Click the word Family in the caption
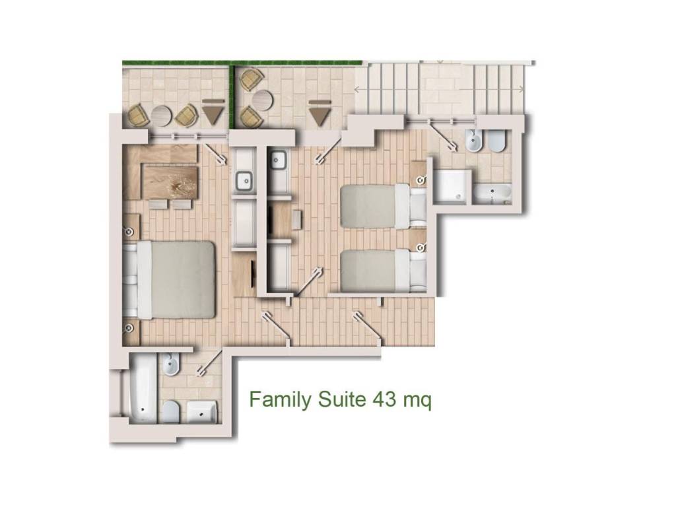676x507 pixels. click(x=280, y=401)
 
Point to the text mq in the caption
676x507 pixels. click(x=417, y=402)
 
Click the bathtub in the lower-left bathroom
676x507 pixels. click(x=143, y=388)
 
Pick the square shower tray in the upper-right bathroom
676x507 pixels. click(x=451, y=186)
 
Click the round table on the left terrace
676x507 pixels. click(x=161, y=116)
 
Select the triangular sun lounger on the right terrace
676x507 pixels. click(x=320, y=113)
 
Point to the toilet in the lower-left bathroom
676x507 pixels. click(x=171, y=411)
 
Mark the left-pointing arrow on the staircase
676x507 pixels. click(x=357, y=89)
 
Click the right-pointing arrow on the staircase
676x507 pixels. click(x=522, y=89)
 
